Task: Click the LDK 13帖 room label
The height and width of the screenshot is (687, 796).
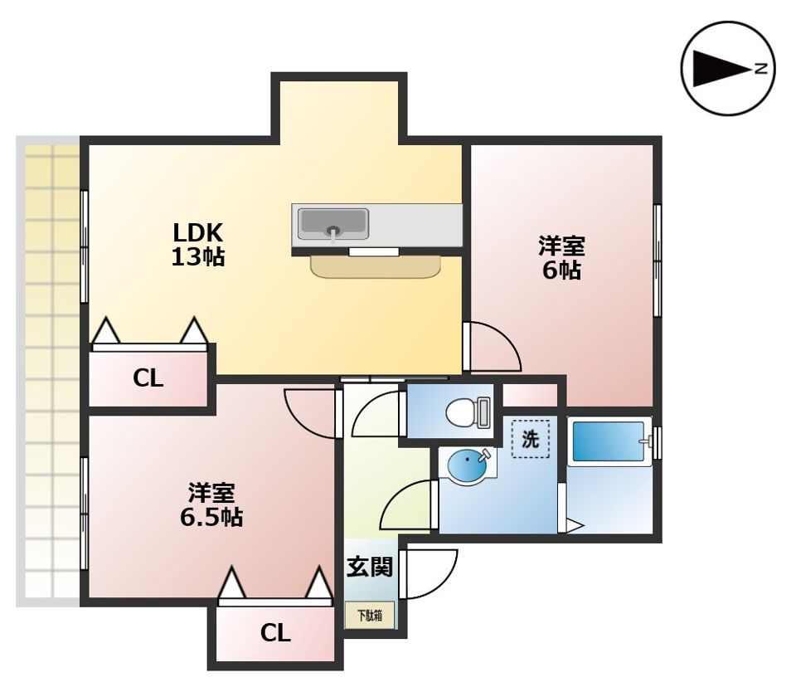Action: tap(198, 245)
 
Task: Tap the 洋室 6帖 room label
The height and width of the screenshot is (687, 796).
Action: tap(561, 257)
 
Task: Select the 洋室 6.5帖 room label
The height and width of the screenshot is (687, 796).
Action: tap(211, 504)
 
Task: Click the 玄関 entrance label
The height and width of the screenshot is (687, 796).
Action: tap(370, 567)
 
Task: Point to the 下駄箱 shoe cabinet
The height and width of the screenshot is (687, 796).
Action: tap(370, 616)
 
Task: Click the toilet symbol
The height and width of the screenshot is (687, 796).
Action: tap(468, 411)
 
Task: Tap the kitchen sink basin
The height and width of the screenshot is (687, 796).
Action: tap(333, 223)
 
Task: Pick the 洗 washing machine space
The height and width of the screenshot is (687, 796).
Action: tap(531, 439)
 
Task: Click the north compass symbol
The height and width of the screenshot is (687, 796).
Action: tap(727, 69)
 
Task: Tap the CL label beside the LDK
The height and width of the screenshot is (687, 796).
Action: tap(148, 378)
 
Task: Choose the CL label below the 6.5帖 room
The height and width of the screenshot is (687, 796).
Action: tap(275, 633)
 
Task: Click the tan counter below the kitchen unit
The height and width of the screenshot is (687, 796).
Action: tap(376, 267)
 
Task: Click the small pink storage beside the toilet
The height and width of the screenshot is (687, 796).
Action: tap(530, 396)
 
